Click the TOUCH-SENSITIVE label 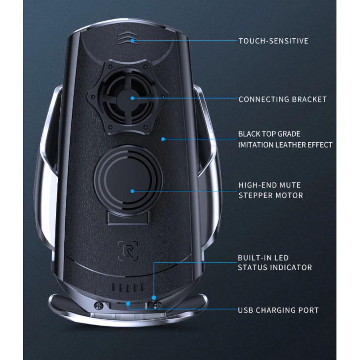[x=273, y=41]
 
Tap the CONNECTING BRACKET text [x=282, y=99]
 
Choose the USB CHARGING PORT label [x=278, y=310]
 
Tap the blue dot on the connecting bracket [x=132, y=98]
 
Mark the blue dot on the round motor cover [x=132, y=190]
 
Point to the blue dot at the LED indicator [x=154, y=298]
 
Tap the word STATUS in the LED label [x=252, y=268]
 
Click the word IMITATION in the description [x=255, y=145]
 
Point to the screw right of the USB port [x=157, y=305]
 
